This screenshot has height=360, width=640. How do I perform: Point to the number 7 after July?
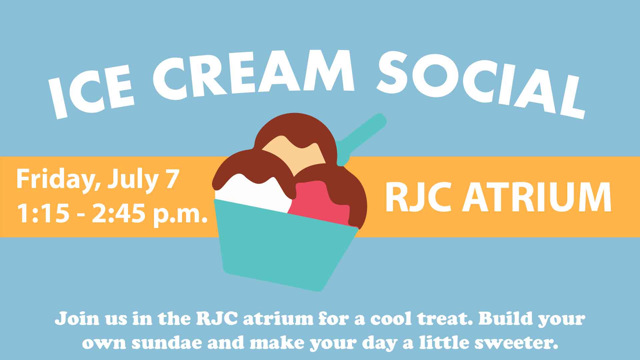coord(171,179)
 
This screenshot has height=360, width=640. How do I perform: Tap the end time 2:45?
coord(118,213)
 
